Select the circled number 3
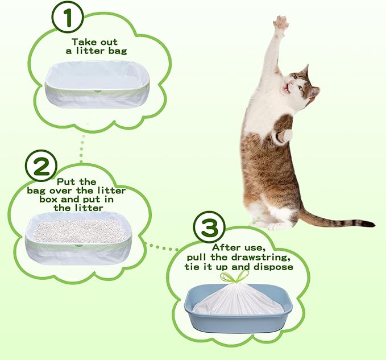click(x=209, y=228)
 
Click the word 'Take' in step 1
click(x=83, y=42)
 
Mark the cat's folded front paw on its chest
click(x=286, y=135)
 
